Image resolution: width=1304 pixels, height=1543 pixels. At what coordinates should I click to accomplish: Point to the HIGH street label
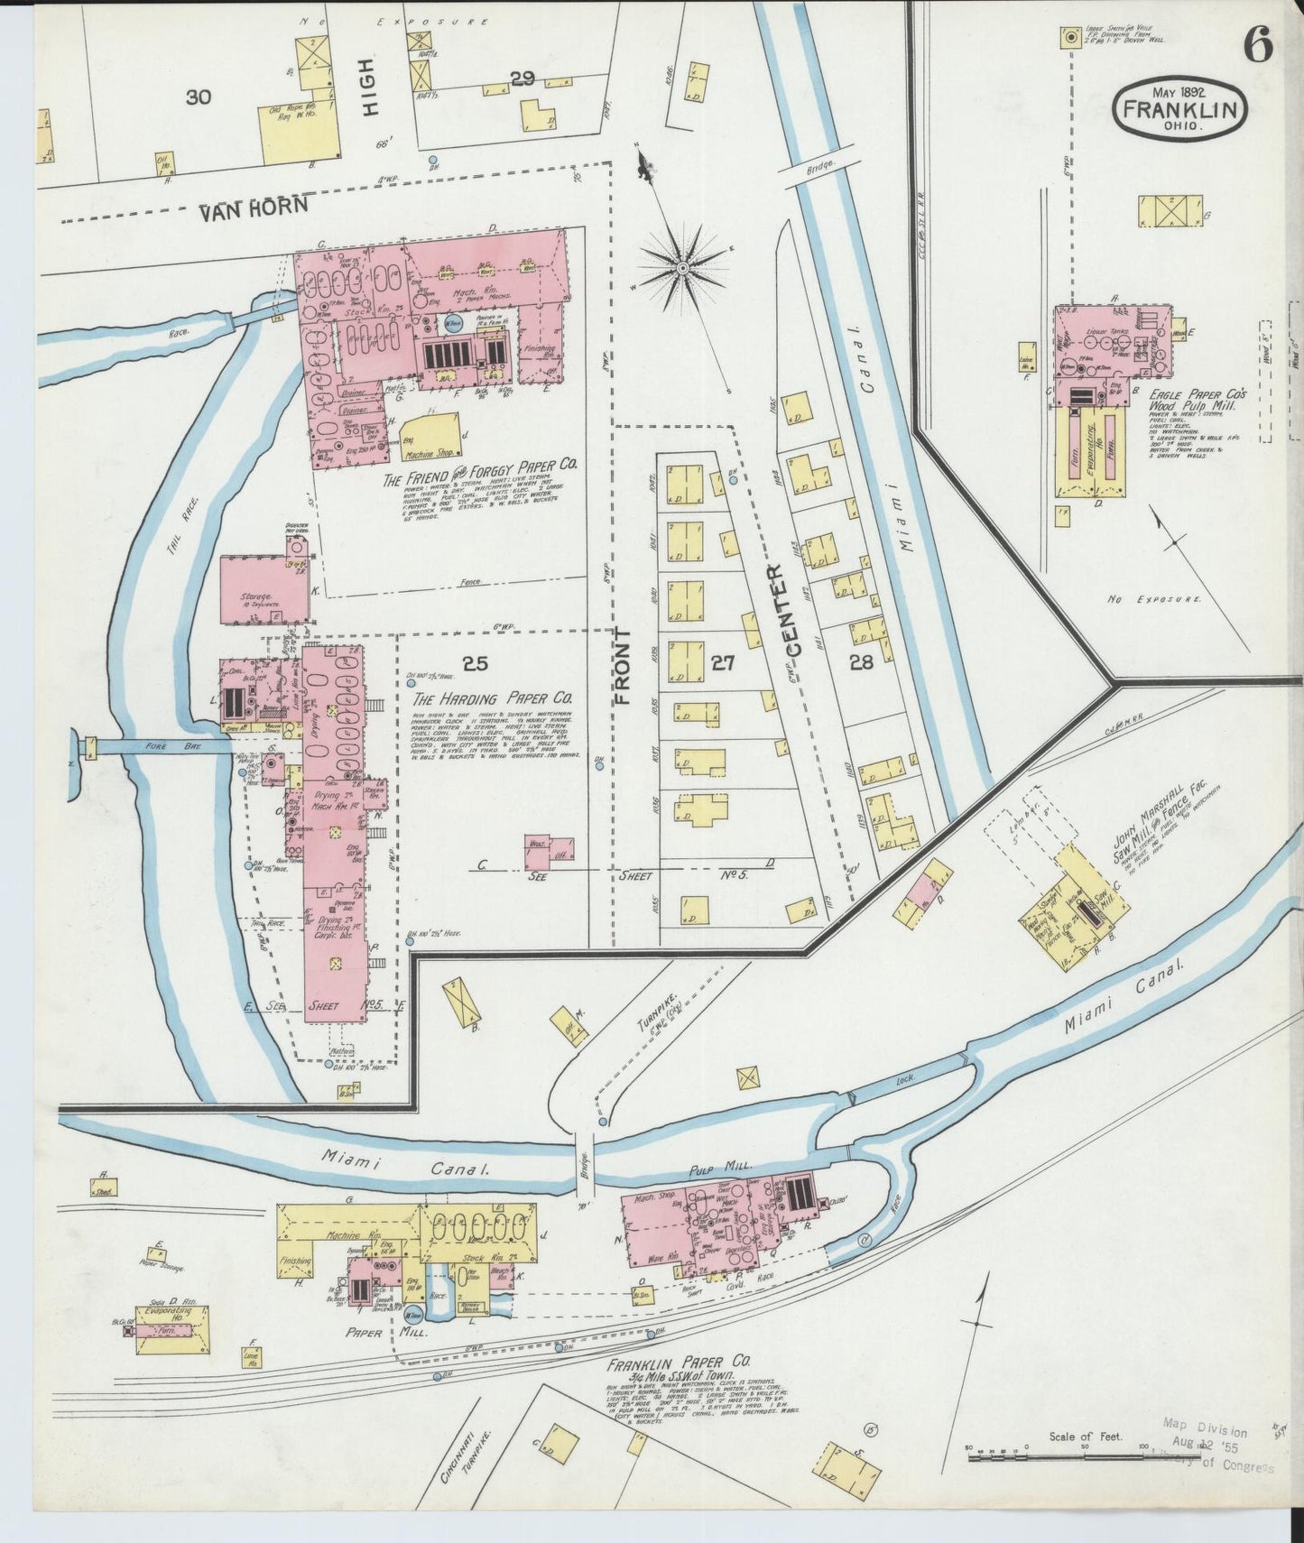373,93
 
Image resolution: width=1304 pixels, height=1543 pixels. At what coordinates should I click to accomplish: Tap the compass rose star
683,267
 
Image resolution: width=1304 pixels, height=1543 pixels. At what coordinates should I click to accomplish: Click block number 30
198,97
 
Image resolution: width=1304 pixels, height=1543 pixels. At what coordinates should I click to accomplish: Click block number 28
861,661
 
